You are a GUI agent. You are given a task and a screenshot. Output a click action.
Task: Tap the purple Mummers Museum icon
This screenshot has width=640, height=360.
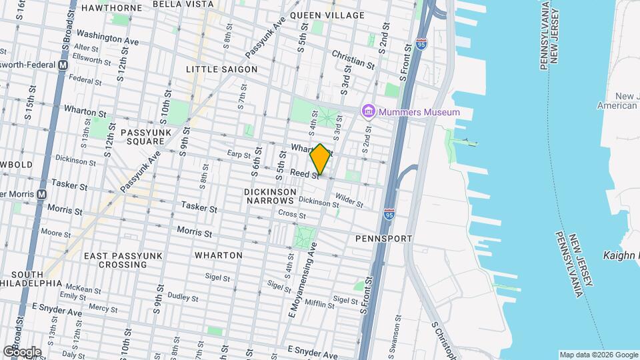tap(367, 111)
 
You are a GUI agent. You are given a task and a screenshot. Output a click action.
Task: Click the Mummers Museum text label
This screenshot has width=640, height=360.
tap(419, 112)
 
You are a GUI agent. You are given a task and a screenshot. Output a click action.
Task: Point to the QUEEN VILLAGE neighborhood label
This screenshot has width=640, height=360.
tap(327, 15)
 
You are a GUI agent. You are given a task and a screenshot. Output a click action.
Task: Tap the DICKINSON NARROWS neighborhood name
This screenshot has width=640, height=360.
tap(269, 196)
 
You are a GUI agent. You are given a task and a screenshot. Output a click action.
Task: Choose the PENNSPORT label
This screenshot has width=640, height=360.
tap(383, 238)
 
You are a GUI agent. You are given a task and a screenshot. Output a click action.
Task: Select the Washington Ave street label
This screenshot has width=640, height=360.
tap(107, 37)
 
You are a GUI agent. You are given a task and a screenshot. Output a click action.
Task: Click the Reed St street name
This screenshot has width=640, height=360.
tap(304, 173)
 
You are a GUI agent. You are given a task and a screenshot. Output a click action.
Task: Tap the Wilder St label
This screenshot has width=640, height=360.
tap(349, 199)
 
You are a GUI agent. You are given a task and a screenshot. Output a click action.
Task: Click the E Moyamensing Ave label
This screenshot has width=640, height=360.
tap(303, 275)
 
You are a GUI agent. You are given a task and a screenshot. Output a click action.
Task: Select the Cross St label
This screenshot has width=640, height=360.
tap(291, 215)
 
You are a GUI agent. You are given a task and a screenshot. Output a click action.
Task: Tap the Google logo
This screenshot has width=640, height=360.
tap(22, 351)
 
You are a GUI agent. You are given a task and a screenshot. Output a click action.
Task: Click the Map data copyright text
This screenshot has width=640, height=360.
tap(598, 355)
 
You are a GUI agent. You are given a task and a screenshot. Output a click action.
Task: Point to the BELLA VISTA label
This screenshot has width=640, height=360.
tap(183, 4)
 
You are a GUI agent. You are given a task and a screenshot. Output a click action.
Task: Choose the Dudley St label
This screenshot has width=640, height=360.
tap(179, 295)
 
